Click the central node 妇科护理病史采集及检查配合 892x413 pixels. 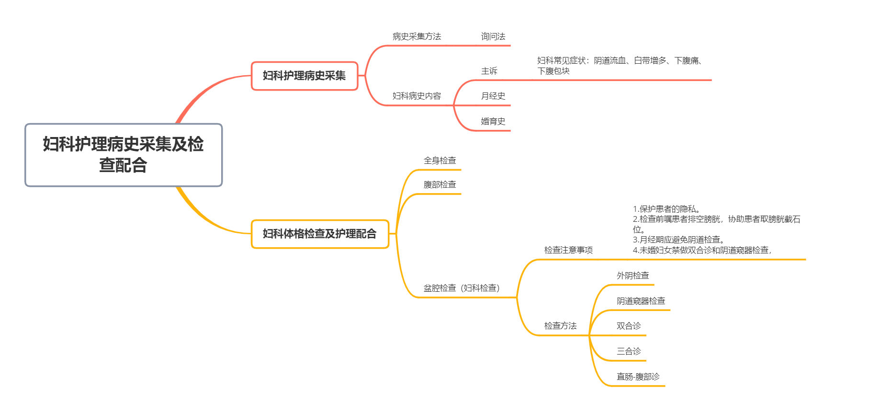(124, 155)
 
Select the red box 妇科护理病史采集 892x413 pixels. (305, 76)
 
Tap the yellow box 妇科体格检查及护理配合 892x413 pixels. (320, 234)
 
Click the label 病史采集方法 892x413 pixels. (417, 36)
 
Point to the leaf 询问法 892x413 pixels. (493, 36)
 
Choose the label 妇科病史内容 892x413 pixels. (417, 96)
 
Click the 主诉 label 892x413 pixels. (489, 71)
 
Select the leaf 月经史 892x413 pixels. (493, 96)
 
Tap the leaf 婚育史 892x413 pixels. (493, 121)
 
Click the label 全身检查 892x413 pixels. (440, 161)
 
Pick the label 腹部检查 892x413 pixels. (440, 184)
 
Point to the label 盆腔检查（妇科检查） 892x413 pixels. (462, 288)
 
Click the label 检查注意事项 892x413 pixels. (568, 250)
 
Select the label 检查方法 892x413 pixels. (560, 326)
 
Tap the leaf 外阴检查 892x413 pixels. (632, 275)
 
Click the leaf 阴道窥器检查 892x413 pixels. (641, 301)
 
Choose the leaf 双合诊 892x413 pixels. (629, 326)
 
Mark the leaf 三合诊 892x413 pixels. (629, 351)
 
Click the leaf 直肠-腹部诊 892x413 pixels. (638, 377)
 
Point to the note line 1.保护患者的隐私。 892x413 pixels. (666, 209)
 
